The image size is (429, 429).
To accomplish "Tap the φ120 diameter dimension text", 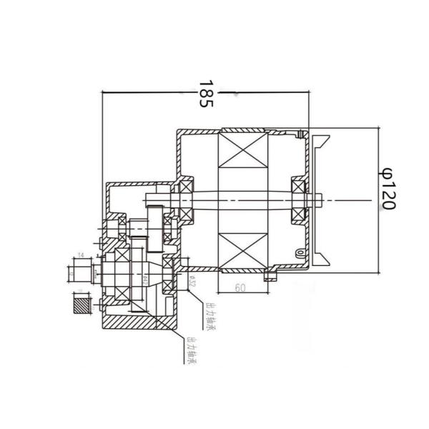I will coord(386,188).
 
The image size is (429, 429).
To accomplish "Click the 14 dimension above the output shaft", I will coord(81,255).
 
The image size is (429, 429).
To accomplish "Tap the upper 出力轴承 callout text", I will coord(210,318).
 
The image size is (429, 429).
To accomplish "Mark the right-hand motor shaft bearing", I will coord(297,199).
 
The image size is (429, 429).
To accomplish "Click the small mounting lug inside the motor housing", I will coord(295,252).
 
